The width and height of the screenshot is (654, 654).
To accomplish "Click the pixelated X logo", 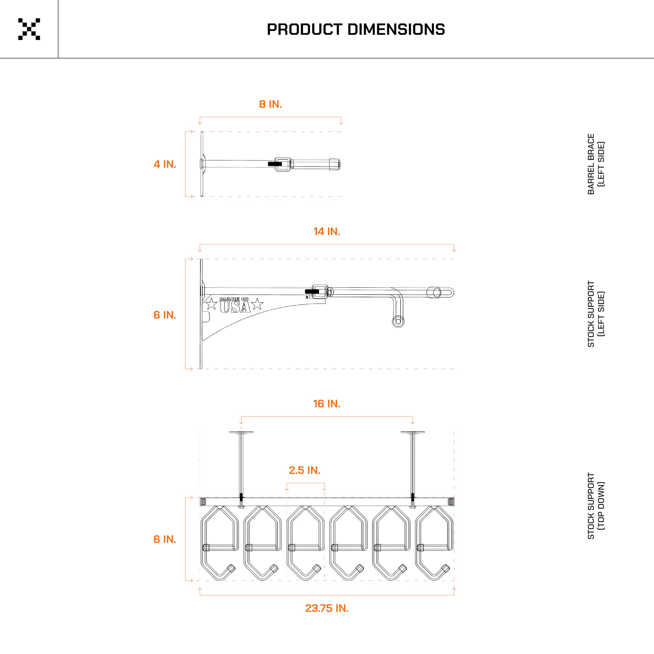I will tap(29, 29).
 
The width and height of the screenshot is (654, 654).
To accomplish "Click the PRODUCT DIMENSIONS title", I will tap(356, 29).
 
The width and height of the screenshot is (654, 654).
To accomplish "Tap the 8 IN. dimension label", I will tap(270, 104).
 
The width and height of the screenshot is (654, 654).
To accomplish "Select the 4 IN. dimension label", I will tap(165, 164).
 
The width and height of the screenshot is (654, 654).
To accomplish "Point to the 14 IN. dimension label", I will tap(327, 231).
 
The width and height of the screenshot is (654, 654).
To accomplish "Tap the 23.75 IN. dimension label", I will tap(327, 608).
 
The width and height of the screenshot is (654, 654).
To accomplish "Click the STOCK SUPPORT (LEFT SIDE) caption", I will tap(596, 314).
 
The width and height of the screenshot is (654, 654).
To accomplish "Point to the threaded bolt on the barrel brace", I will tap(275, 164).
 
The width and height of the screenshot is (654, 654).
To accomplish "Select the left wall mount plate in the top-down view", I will tap(241, 432).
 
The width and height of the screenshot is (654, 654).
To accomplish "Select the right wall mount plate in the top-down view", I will tap(413, 432).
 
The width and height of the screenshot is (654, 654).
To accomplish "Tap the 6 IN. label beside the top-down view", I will tap(165, 539).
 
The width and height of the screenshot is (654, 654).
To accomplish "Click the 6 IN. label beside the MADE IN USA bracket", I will tap(165, 315).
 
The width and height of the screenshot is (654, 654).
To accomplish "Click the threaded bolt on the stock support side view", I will tap(312, 291).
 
